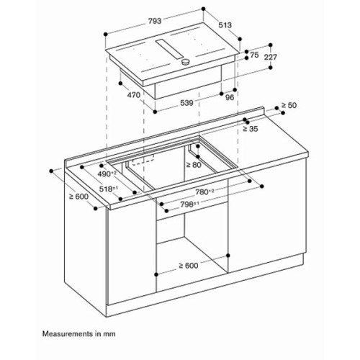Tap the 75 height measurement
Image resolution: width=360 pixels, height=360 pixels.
[253, 54]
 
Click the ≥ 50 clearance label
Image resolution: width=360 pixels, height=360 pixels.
[288, 106]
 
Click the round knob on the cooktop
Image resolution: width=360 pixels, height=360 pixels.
[186, 64]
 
